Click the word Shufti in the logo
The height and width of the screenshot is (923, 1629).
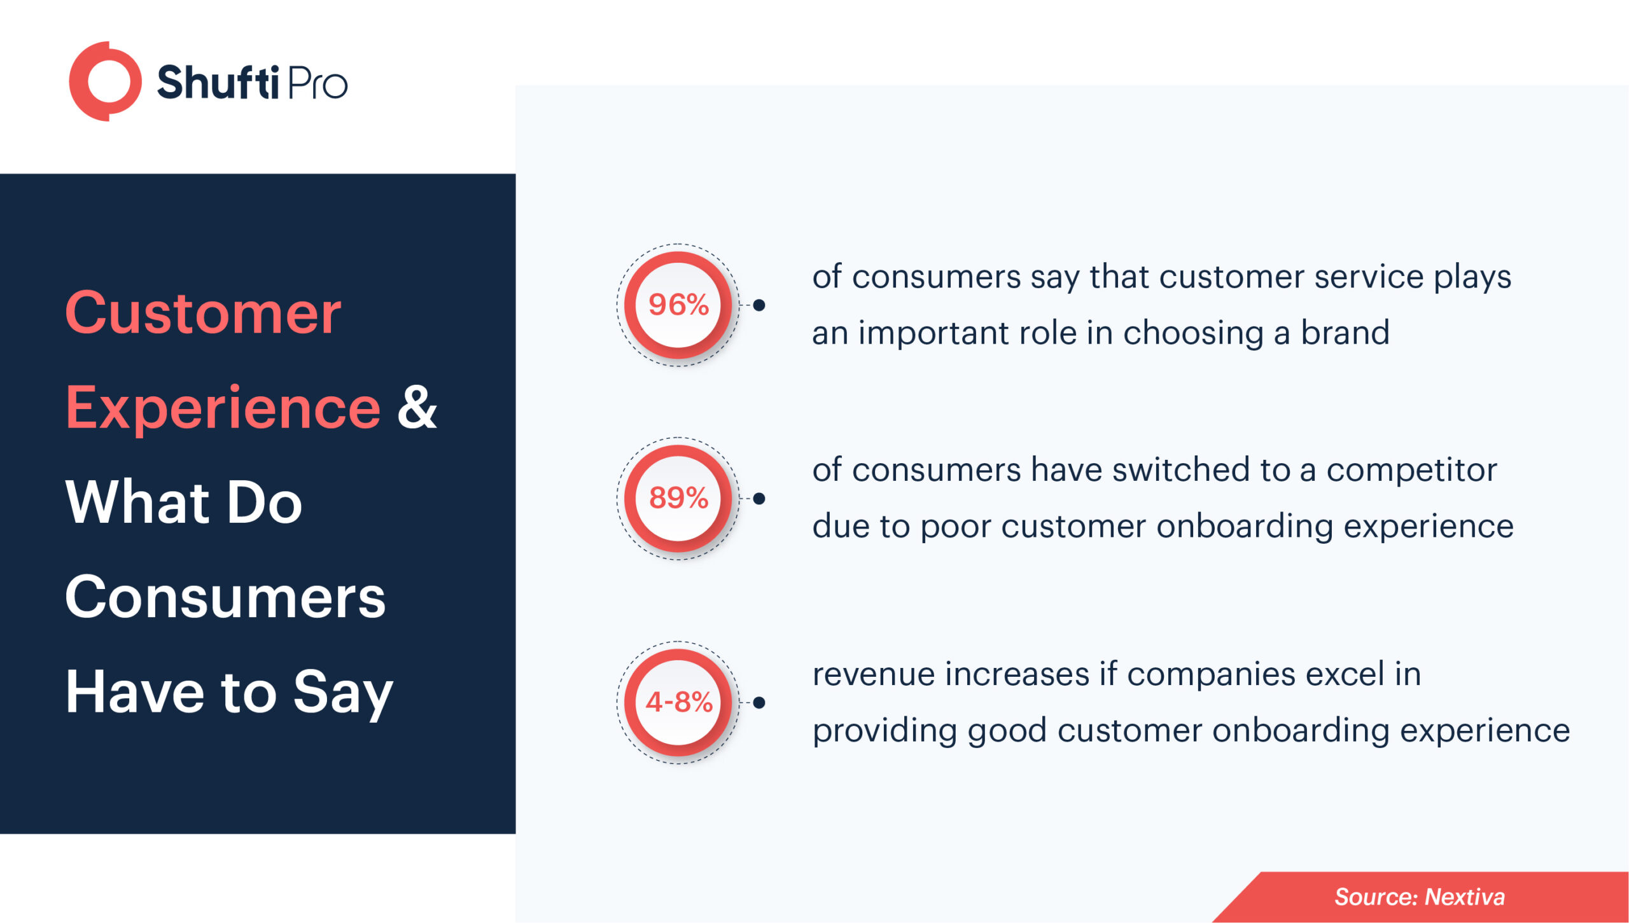pos(218,83)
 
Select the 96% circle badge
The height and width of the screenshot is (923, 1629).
pos(678,305)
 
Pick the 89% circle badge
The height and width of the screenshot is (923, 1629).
pos(678,498)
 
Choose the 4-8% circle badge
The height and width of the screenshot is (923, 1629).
pos(678,702)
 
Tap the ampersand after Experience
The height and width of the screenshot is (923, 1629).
pos(417,407)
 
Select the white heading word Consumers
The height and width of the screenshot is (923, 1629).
pos(225,597)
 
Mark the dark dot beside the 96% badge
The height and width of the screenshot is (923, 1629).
pos(759,305)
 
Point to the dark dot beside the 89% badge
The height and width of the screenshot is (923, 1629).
pos(759,499)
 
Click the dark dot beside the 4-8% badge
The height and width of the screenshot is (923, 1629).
pos(759,703)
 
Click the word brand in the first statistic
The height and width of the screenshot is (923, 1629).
pos(1345,332)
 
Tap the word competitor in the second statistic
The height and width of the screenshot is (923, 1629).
pos(1411,471)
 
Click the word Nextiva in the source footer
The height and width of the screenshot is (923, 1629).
pos(1465,897)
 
